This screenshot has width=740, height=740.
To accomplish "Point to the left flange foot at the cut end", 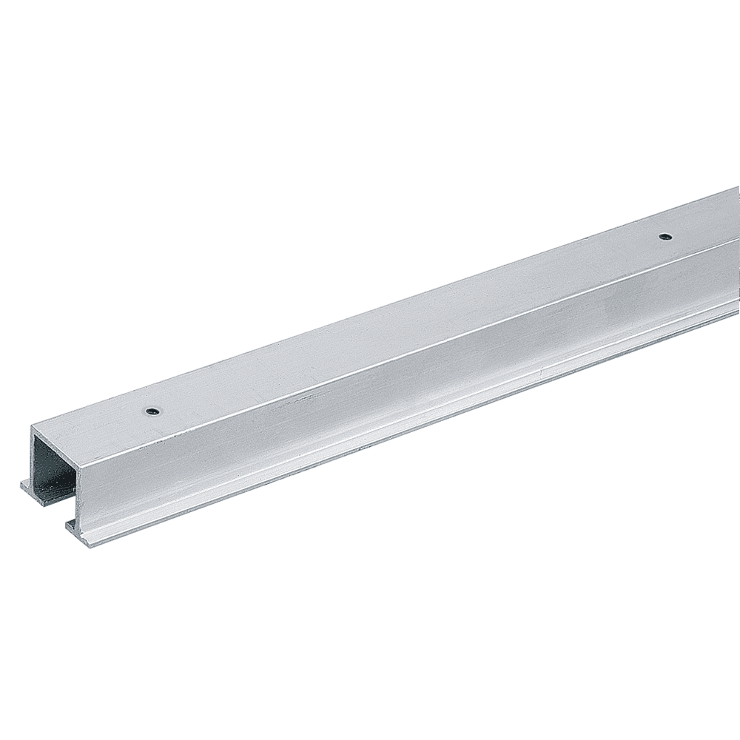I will tap(29, 484).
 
